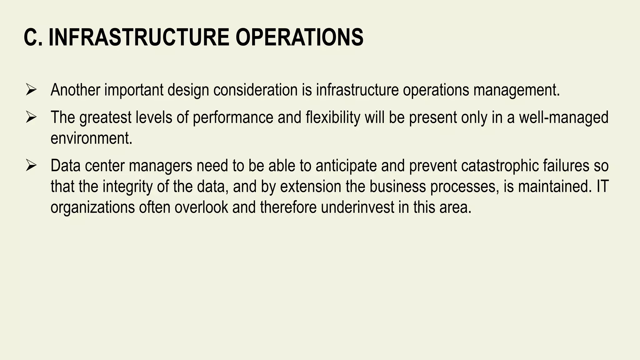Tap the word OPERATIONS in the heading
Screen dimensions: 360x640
click(x=299, y=37)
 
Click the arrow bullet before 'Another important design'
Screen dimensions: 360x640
click(x=32, y=90)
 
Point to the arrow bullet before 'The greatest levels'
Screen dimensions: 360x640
click(x=32, y=118)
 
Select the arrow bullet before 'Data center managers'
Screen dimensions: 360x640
click(x=32, y=166)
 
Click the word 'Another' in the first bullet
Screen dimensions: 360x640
click(x=75, y=90)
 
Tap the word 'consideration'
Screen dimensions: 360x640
click(x=255, y=90)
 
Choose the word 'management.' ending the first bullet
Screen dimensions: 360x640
click(x=517, y=90)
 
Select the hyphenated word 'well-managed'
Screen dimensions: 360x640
click(x=563, y=117)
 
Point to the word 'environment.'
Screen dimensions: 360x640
click(x=92, y=138)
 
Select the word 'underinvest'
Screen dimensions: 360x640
click(x=357, y=207)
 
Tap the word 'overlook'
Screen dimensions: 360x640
click(x=201, y=207)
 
